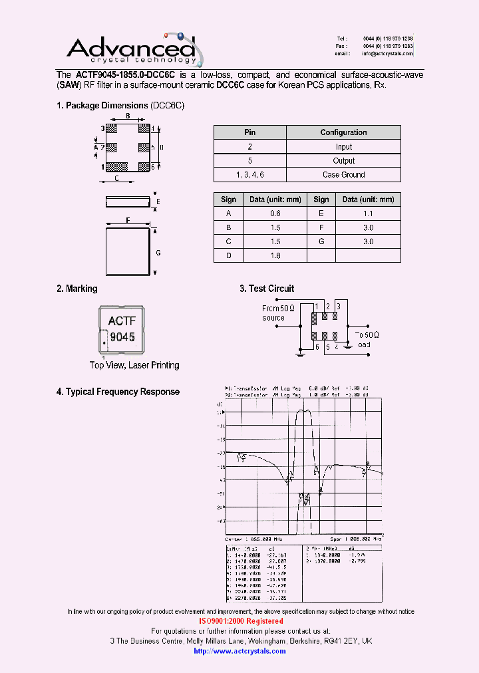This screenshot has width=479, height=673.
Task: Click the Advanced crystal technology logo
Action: pos(133,50)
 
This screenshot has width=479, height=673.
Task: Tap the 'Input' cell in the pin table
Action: pos(343,147)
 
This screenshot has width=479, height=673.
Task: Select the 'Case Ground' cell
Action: pos(343,175)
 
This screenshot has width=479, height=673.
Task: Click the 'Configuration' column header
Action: pos(343,132)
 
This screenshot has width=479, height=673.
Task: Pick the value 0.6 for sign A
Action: pos(275,213)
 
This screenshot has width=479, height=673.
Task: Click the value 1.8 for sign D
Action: pos(275,255)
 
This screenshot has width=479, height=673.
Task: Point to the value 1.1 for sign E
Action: pos(368,213)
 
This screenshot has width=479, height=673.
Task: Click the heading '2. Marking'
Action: pos(77,289)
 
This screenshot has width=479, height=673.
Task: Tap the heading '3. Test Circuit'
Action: pos(267,289)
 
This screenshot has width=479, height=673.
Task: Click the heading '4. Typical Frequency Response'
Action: pos(118,392)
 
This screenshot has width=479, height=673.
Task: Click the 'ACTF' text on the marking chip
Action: pos(122,321)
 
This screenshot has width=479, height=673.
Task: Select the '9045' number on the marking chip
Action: pos(122,337)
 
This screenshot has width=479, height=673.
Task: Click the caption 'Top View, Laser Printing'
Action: pos(134,365)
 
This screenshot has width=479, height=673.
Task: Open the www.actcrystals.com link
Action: pos(239,651)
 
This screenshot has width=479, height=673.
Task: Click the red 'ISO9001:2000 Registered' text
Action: pos(241,621)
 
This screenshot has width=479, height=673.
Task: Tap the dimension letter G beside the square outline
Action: pos(158,253)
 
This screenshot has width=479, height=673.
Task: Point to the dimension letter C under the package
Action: pos(116,178)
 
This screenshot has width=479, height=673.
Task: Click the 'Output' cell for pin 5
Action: pos(343,161)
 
